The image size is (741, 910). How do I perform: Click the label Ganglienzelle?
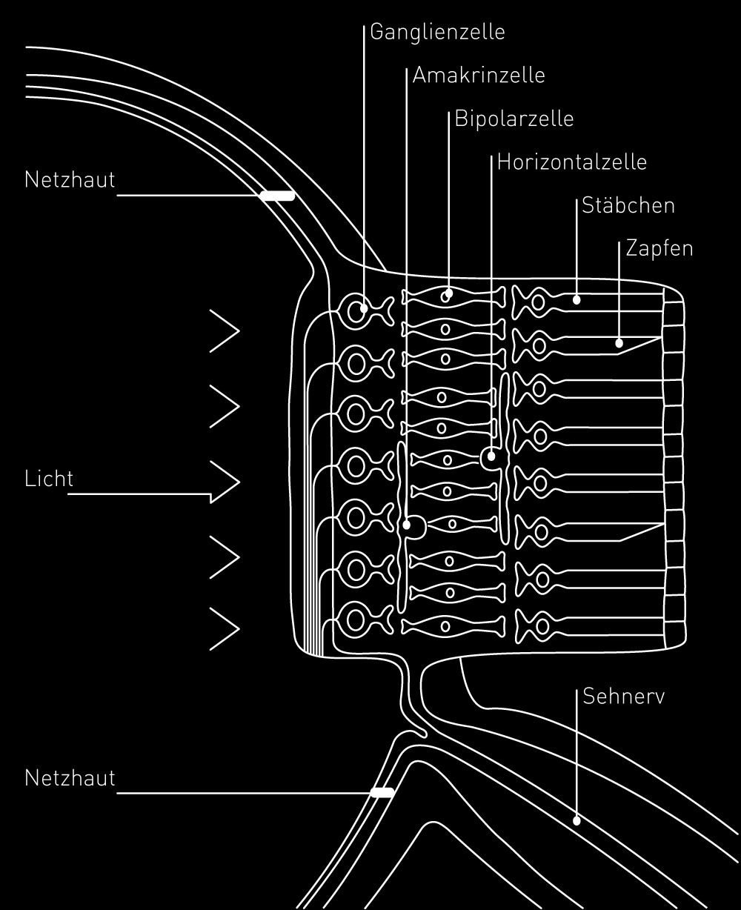point(436,33)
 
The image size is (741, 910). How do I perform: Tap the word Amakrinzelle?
point(479,76)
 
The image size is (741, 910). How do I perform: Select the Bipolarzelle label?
point(514,119)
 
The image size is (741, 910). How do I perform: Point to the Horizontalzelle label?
point(572,162)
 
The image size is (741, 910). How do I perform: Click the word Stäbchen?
point(628,205)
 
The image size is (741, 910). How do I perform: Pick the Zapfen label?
point(659,248)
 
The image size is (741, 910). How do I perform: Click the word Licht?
point(49,479)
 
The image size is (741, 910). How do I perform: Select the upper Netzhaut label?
point(70,180)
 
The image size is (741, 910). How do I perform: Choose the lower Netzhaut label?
point(70,778)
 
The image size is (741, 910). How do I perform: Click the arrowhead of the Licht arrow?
point(226,482)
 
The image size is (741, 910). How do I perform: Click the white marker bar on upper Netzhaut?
point(276,196)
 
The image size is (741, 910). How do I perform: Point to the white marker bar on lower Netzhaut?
point(382,792)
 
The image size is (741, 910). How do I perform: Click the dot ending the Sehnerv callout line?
point(576,820)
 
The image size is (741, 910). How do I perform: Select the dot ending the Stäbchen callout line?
point(576,300)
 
